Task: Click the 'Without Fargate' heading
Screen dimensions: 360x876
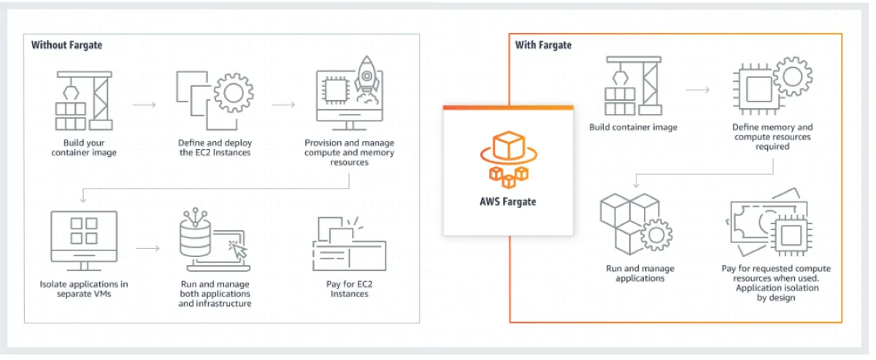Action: (66, 45)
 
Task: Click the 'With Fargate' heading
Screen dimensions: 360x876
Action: (543, 45)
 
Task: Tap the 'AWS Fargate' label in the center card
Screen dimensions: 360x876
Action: (507, 201)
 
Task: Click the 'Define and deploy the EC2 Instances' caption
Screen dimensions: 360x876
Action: (216, 148)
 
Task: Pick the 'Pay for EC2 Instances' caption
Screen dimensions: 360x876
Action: (348, 288)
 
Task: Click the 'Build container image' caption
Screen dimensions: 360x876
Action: (633, 128)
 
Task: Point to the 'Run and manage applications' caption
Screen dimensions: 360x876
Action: (639, 273)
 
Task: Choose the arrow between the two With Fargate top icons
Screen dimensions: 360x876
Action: (698, 91)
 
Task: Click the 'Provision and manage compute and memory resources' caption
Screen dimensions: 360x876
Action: (349, 153)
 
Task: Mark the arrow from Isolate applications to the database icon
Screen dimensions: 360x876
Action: (147, 249)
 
